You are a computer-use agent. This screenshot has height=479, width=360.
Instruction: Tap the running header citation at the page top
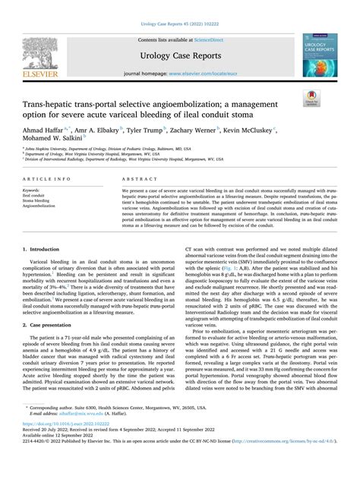click(180, 6)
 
